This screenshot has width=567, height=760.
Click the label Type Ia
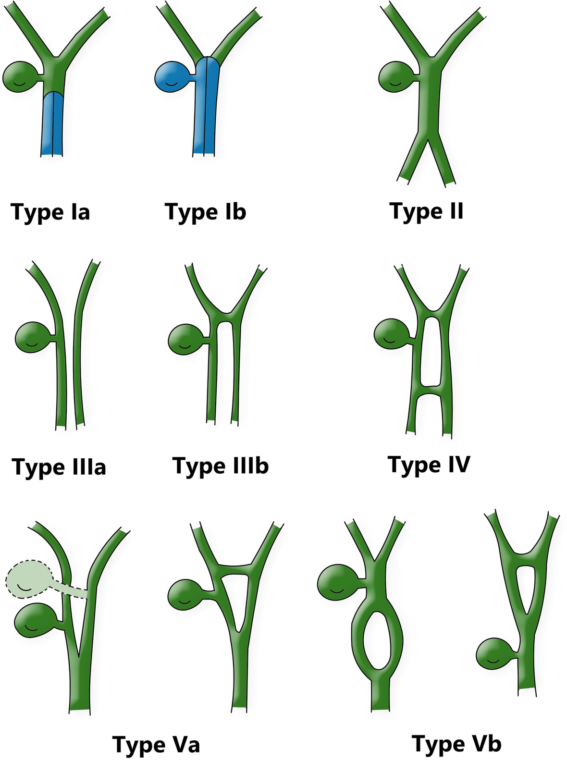tap(50, 212)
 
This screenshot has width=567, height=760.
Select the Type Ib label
tap(205, 212)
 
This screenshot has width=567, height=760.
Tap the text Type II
tap(426, 211)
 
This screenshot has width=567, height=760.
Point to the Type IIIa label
tap(59, 467)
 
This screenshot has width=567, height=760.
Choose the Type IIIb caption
tap(221, 466)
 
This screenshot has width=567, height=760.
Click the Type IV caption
tap(429, 465)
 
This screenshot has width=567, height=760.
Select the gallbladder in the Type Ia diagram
tap(20, 76)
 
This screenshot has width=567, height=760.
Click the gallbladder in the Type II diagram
tap(396, 76)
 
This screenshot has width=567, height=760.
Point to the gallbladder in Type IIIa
tap(33, 338)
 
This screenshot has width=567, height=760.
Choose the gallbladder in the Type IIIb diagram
tap(186, 339)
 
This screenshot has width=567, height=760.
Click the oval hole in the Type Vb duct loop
tap(377, 641)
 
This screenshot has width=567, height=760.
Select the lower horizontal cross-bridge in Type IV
tap(430, 390)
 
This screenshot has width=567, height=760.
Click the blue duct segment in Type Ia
tap(52, 123)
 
